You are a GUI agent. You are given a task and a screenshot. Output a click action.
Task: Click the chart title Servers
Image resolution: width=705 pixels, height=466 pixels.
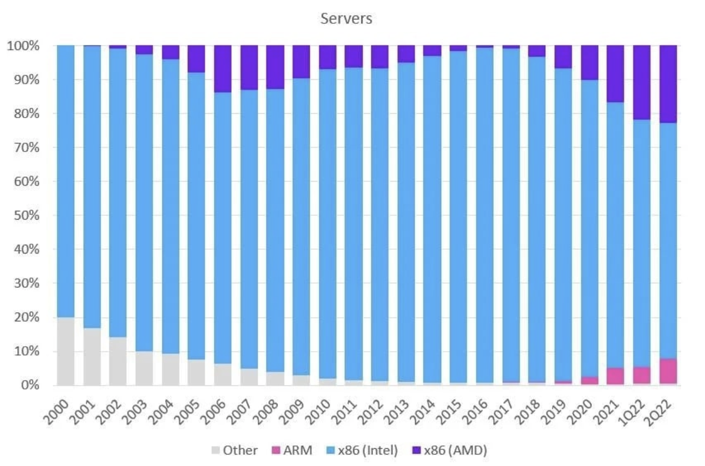pos(346,18)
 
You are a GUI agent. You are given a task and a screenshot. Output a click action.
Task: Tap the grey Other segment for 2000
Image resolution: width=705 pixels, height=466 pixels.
pos(66,351)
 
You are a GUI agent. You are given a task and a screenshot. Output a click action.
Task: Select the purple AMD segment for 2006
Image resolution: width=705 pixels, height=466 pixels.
pos(222,69)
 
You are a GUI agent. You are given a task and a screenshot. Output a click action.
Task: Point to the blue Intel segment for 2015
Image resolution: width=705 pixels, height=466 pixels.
pos(457,216)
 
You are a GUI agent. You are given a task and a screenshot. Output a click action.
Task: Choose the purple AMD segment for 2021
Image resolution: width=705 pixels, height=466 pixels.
pos(615,74)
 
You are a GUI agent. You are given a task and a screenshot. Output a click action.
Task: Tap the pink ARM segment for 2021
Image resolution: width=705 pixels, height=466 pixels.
pos(615,376)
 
